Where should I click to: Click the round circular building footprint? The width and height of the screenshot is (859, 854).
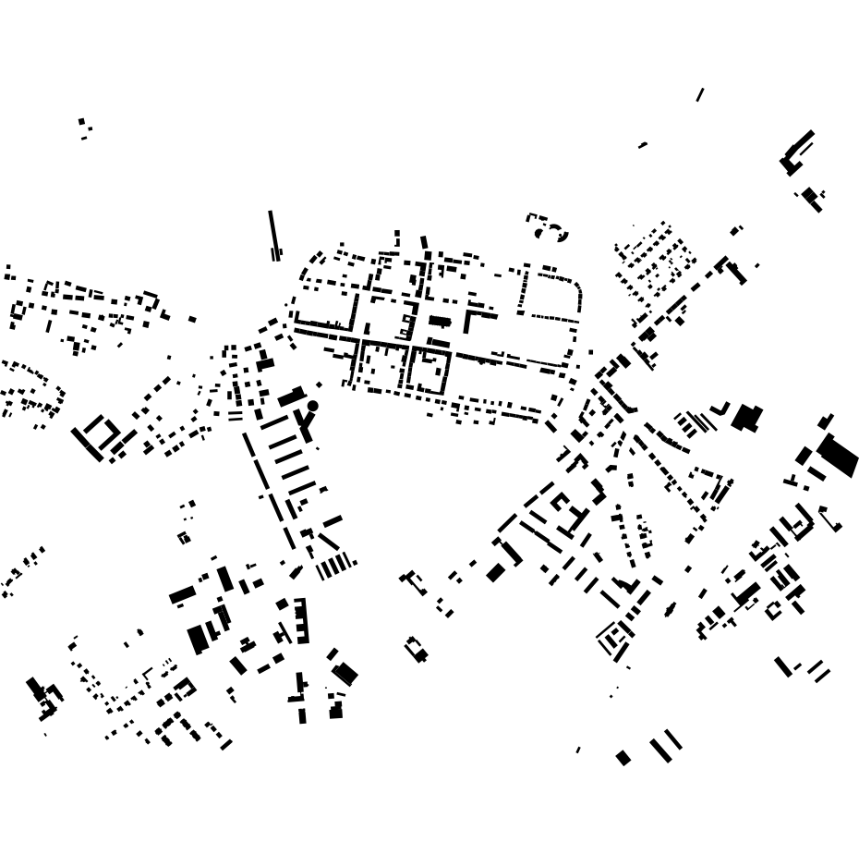pos(313,406)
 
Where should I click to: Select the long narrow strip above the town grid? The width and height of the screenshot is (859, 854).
pos(272,233)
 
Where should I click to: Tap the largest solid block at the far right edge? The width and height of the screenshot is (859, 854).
pos(838,455)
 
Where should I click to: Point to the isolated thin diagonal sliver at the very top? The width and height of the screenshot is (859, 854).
pos(700,94)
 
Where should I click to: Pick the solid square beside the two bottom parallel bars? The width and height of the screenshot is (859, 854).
pos(623,758)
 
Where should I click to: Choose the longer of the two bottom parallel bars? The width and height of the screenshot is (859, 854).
pos(661,750)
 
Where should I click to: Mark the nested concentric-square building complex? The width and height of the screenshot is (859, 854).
pos(611,638)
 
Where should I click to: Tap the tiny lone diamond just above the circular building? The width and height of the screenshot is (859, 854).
pos(320,384)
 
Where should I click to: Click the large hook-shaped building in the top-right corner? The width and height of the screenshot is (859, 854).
pos(796,153)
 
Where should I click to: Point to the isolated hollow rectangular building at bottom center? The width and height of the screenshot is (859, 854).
pos(416,649)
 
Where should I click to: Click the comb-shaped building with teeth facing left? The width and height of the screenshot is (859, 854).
pos(301,620)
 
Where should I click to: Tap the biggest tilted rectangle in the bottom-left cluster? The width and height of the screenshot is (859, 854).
pos(198,639)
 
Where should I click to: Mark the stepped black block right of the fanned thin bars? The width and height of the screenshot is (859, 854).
pos(746,418)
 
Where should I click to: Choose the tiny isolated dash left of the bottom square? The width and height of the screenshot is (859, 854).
pos(578,750)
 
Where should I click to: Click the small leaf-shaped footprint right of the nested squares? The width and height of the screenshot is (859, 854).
pos(671,609)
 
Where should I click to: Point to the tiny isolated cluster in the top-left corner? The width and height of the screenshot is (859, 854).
pos(84,128)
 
